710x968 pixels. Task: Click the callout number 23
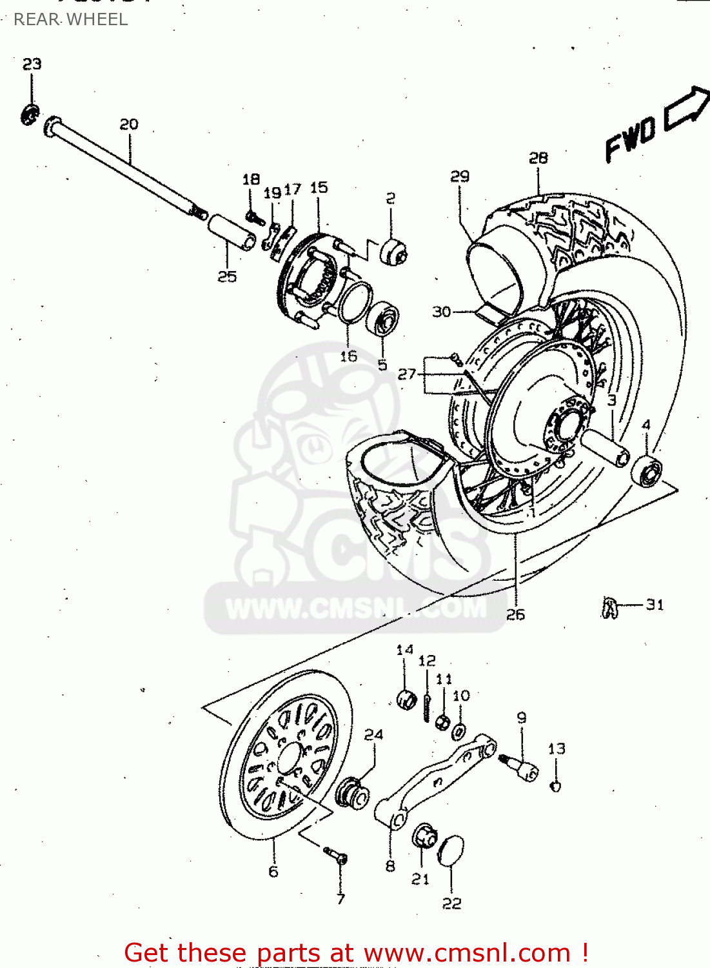coord(32,64)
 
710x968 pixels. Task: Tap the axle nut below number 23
coord(30,115)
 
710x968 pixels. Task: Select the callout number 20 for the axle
coord(129,124)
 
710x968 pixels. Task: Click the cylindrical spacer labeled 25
coord(231,232)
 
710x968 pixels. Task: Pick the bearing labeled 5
coord(382,318)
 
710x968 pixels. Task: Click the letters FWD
coord(630,139)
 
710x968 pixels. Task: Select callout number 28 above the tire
coord(538,158)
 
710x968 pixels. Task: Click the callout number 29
coord(460,176)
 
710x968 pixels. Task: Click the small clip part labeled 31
coord(609,607)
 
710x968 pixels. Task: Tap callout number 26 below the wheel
coord(515,614)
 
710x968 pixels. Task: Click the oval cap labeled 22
coord(451,852)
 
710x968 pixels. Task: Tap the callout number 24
coord(373,734)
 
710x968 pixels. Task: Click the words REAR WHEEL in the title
coord(71,19)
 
